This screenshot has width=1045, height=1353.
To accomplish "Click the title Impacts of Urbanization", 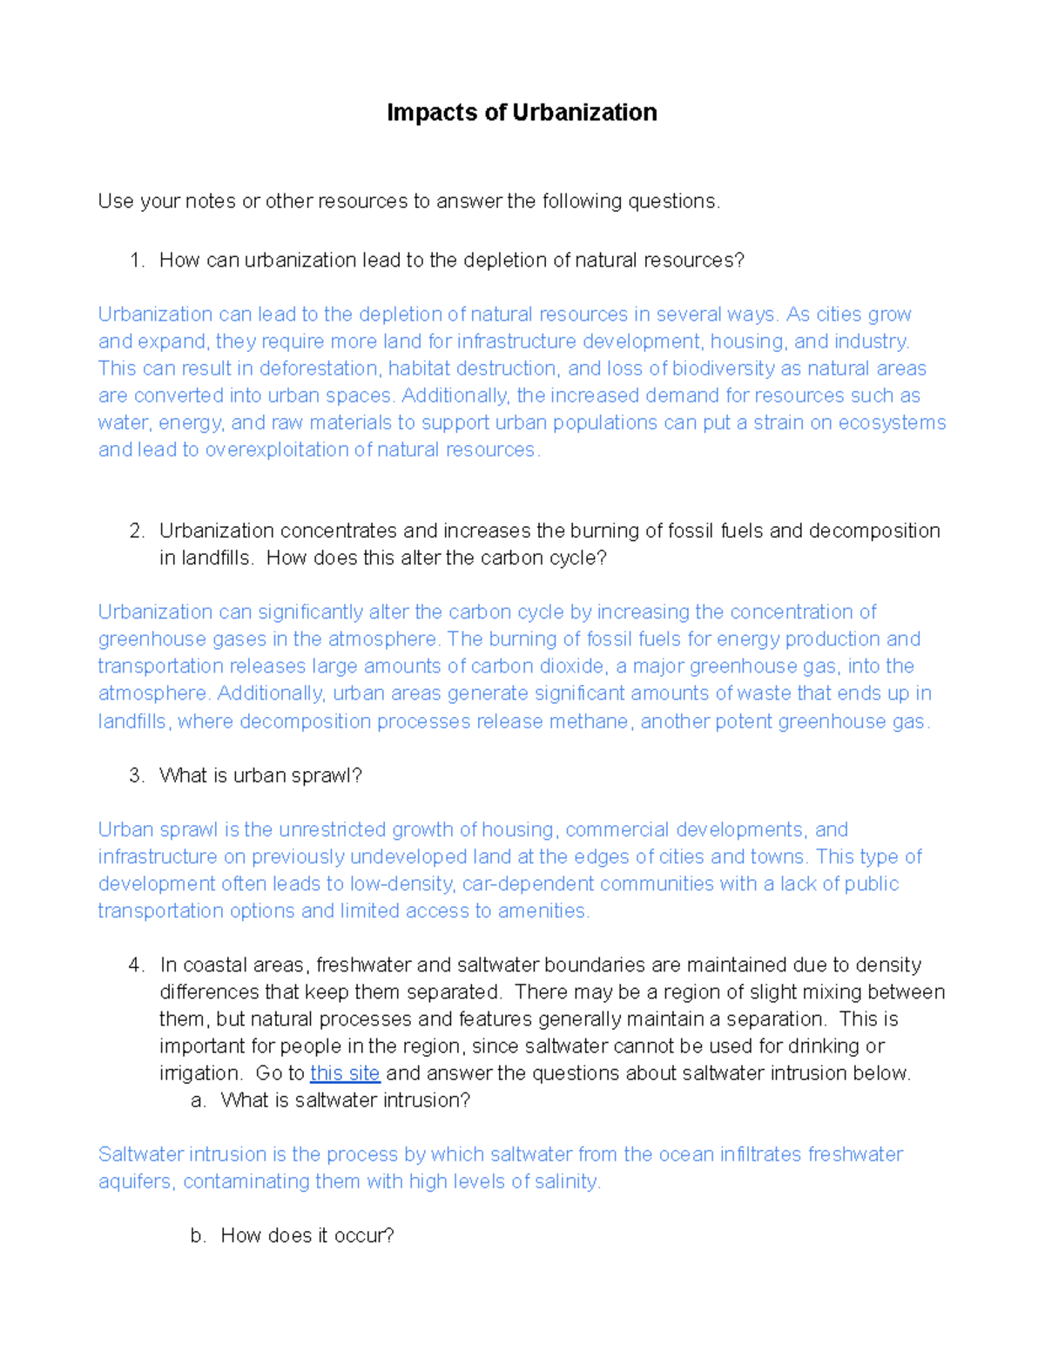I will [522, 113].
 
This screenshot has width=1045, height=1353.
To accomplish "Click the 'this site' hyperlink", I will [345, 1073].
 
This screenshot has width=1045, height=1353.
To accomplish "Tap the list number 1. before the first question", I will [137, 260].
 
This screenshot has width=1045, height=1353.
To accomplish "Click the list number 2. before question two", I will [137, 531].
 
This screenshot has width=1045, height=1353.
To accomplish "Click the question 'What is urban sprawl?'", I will [260, 775].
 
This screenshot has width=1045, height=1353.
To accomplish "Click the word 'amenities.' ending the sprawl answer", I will [544, 911].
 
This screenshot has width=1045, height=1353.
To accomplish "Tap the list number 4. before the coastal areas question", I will [137, 965].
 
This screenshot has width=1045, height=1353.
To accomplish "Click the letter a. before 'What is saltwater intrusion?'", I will [199, 1100].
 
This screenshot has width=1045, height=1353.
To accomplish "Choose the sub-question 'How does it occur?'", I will [307, 1236].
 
